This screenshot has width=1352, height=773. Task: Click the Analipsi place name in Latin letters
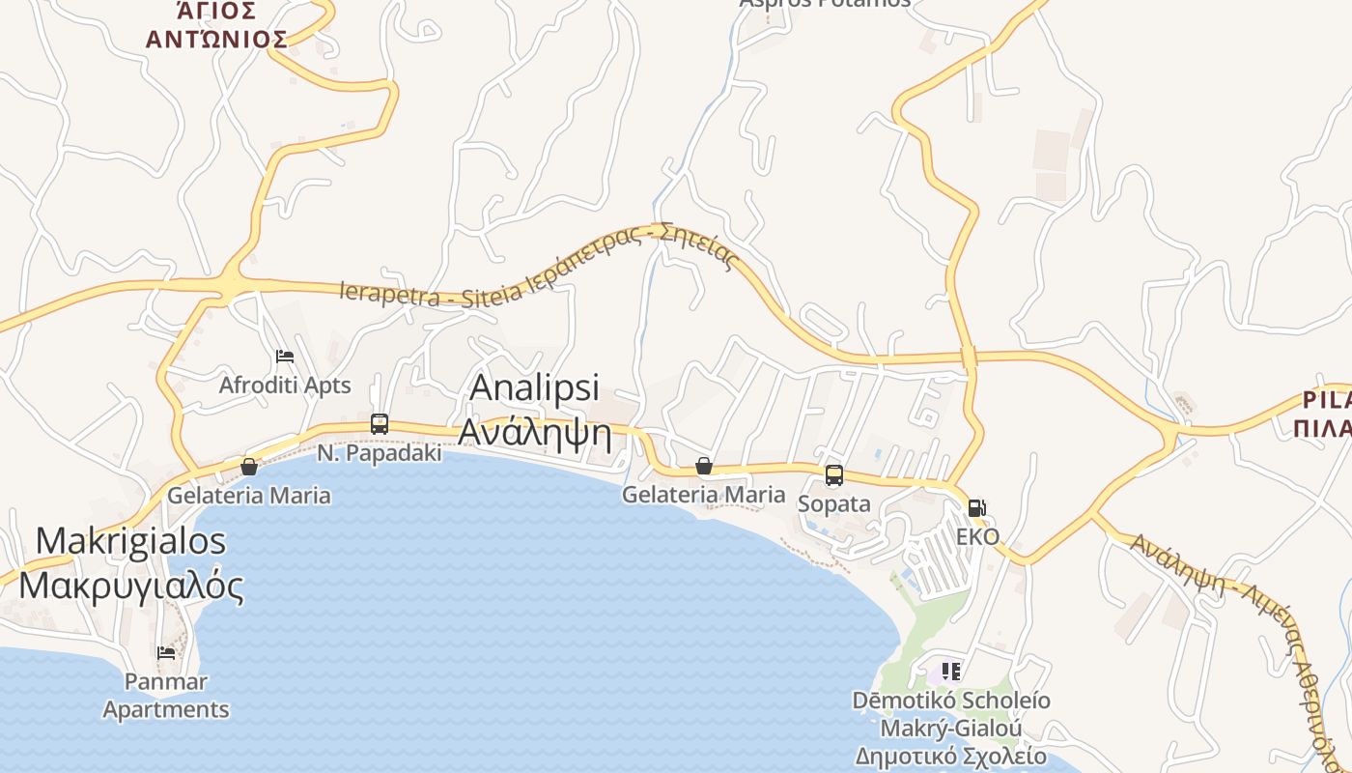click(x=534, y=387)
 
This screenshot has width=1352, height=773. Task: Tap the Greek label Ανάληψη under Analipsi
click(x=534, y=432)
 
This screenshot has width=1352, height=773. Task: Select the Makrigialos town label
click(x=131, y=540)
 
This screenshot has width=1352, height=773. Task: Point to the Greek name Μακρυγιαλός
click(x=131, y=585)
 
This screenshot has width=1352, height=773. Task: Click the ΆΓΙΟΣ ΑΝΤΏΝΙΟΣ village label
click(x=216, y=25)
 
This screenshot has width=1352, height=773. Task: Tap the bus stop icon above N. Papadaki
click(x=380, y=424)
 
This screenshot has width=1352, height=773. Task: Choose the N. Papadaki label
click(x=380, y=452)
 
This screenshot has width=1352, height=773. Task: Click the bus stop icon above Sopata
click(x=834, y=475)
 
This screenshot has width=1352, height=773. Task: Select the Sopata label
click(x=834, y=504)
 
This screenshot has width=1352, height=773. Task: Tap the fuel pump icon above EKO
click(x=977, y=508)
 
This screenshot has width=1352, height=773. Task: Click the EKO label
click(x=977, y=537)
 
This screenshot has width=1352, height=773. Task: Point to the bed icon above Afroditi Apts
click(x=284, y=357)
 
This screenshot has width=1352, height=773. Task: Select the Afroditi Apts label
click(x=284, y=386)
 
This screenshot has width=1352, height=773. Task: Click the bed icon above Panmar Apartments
click(x=166, y=653)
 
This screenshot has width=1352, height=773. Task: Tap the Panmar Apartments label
click(x=166, y=696)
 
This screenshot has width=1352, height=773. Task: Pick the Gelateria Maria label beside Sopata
click(x=703, y=495)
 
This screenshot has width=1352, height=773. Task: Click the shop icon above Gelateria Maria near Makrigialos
click(x=249, y=467)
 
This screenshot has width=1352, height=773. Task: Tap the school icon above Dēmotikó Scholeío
click(x=951, y=671)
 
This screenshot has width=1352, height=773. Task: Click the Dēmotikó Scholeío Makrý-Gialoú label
click(x=951, y=714)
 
